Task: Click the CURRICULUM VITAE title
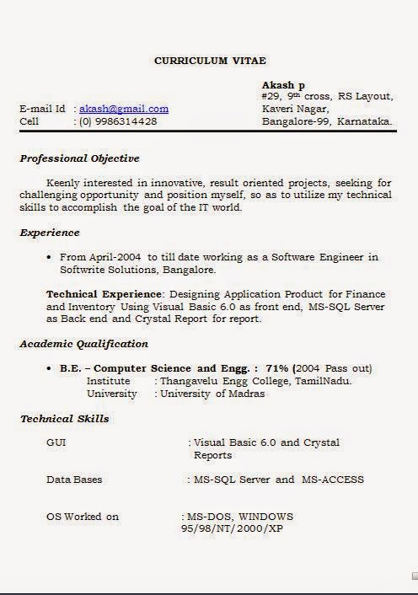coord(210,61)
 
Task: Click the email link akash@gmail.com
coord(124,109)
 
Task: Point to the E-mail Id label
coord(42,109)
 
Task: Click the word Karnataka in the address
coord(366,121)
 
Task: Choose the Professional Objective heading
coord(79,158)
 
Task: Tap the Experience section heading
coord(50,233)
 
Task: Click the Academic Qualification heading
coord(83,344)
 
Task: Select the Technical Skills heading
coord(64,418)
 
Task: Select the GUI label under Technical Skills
coord(56,442)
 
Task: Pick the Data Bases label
coord(74,480)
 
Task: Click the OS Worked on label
coord(83,517)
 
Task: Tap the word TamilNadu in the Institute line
coord(324,381)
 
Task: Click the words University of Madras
coord(212,394)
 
